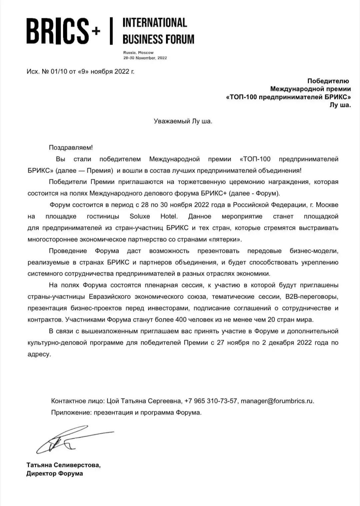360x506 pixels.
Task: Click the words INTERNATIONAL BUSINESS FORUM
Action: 158,31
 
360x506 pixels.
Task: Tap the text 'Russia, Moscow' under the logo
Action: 138,53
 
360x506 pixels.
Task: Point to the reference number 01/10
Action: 58,71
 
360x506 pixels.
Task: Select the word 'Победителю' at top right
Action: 328,81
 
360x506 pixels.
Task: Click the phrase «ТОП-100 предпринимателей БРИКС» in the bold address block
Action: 289,97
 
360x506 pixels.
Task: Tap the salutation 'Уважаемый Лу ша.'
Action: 183,121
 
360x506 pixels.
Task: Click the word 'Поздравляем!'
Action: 71,147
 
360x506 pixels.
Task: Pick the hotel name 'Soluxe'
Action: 140,216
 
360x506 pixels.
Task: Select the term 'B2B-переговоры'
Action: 312,297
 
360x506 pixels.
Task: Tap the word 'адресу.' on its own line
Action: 39,354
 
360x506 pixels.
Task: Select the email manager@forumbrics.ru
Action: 277,401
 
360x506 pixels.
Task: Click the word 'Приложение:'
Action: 71,413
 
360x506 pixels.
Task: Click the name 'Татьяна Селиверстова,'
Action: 63,465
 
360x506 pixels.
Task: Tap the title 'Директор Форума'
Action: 55,473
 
